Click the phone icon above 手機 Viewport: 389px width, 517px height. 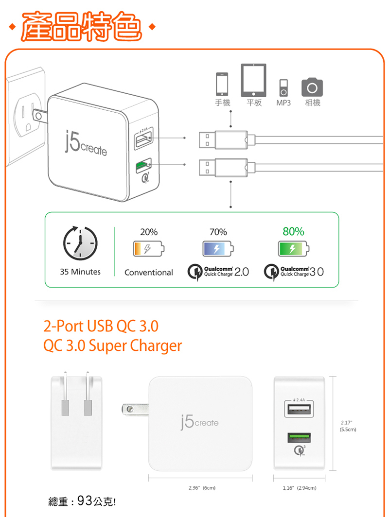click(x=222, y=84)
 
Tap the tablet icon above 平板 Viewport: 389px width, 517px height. click(x=253, y=81)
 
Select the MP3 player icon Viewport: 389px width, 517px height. click(x=283, y=87)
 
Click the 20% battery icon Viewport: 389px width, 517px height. click(x=148, y=250)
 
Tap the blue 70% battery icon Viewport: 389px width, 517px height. click(x=218, y=250)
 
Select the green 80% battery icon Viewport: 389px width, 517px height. click(x=293, y=250)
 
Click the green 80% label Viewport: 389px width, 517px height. click(x=293, y=232)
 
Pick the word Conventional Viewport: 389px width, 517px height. click(x=148, y=273)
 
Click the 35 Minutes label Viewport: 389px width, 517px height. click(x=80, y=272)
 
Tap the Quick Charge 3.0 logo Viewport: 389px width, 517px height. click(x=294, y=272)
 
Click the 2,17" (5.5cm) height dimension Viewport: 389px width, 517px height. click(x=348, y=426)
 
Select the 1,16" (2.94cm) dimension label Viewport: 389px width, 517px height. click(x=300, y=487)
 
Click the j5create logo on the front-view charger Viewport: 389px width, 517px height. click(x=199, y=422)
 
